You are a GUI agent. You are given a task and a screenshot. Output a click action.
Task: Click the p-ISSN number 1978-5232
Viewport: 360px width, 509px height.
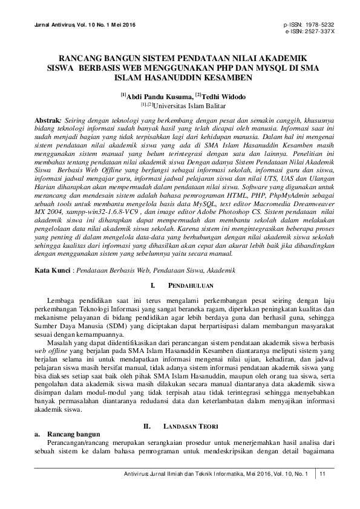click(319, 24)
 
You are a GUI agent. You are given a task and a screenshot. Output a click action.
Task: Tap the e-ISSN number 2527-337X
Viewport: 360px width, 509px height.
click(319, 30)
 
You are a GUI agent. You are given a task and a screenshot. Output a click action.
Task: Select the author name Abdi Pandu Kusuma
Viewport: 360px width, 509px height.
click(154, 96)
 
